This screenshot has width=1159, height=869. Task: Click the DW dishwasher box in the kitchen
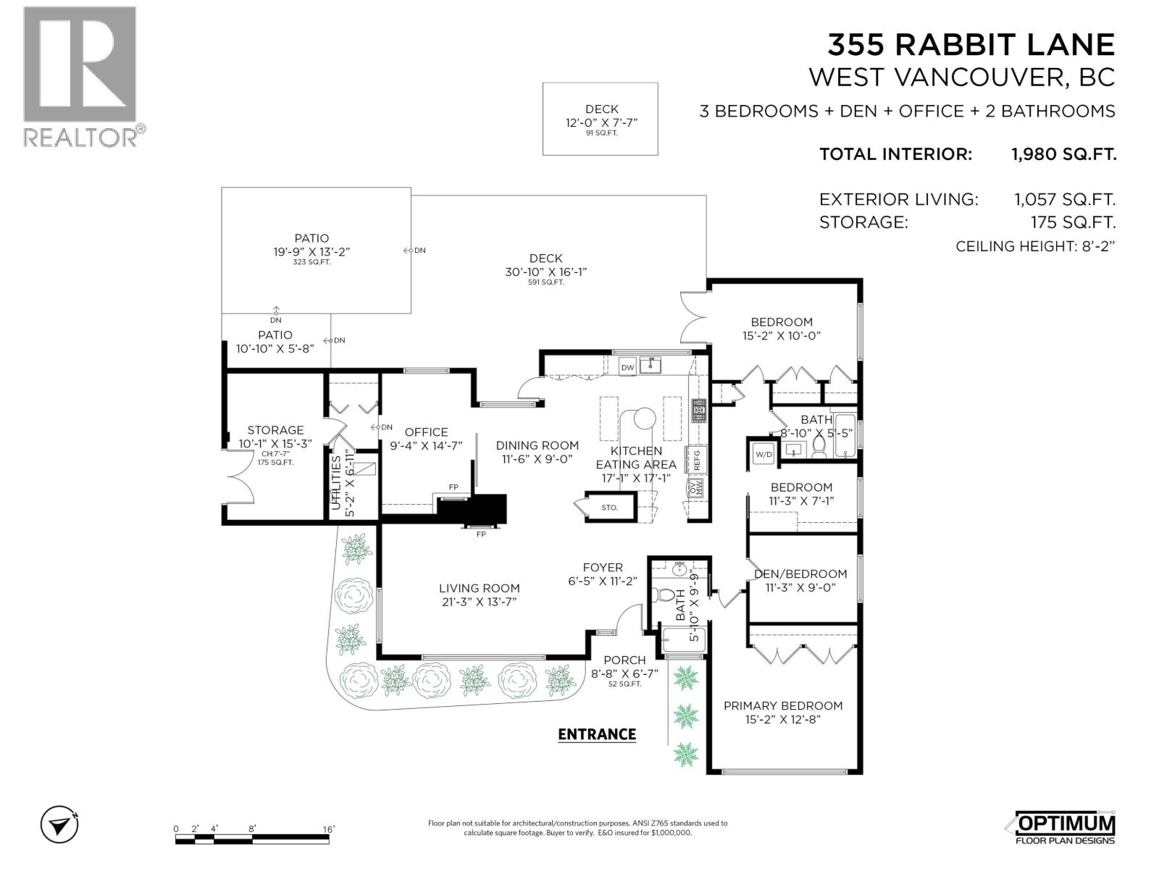(627, 368)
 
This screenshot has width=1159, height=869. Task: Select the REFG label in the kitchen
(697, 459)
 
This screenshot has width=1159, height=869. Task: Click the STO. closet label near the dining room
(609, 508)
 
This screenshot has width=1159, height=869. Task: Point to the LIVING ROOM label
(479, 589)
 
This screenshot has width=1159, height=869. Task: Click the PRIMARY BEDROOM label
(783, 705)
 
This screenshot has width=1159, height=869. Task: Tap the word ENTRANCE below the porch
(596, 734)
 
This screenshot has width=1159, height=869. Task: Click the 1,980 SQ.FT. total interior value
(1063, 154)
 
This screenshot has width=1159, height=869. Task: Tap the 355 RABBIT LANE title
(971, 45)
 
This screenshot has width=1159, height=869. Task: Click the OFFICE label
(426, 432)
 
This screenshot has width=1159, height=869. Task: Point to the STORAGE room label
(275, 430)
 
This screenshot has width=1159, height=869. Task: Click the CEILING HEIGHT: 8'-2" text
(1034, 246)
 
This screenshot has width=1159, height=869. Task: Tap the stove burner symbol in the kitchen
(698, 411)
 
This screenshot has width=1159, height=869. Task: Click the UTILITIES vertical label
(336, 483)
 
